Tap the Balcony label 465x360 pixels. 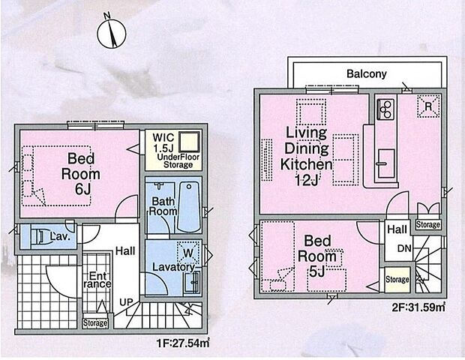(x=366, y=74)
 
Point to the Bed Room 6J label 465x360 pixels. (x=80, y=172)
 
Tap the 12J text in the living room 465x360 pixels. (x=307, y=181)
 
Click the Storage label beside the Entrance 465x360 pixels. (x=95, y=323)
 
